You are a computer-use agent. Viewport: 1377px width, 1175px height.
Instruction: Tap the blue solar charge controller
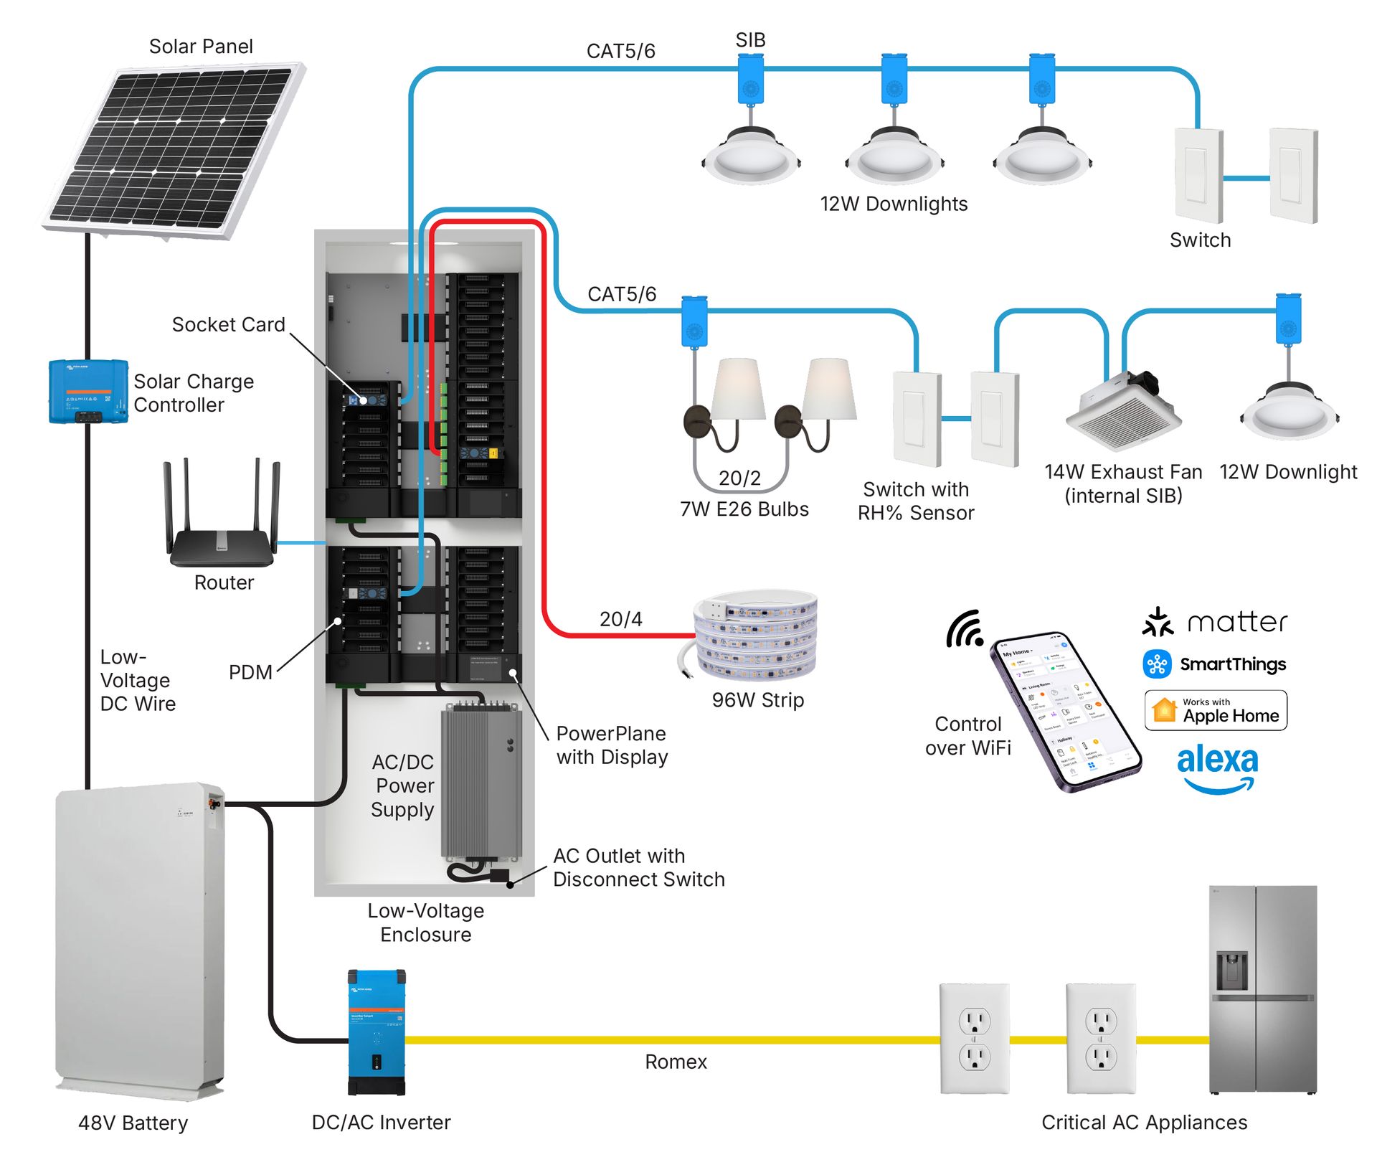(88, 391)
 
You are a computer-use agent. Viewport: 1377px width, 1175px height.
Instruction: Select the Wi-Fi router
(222, 531)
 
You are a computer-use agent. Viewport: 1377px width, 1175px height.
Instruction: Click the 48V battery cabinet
(140, 940)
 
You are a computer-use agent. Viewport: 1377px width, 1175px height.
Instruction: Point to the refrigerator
(1263, 990)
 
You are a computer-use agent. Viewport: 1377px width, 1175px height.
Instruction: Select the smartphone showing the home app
(1064, 710)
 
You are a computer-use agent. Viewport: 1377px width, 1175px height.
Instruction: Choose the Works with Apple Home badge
(1216, 710)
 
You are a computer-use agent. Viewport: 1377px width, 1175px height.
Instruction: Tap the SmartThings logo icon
(1157, 664)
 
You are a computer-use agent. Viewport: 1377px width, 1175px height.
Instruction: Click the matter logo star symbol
(1158, 623)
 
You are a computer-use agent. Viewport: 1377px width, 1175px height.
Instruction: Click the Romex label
(676, 1062)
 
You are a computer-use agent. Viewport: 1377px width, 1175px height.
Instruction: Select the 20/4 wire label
(621, 619)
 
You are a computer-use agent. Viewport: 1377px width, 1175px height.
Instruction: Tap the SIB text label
(750, 40)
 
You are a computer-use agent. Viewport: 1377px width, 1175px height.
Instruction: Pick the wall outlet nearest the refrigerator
(1101, 1039)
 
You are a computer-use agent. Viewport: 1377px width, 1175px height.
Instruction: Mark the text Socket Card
(228, 325)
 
